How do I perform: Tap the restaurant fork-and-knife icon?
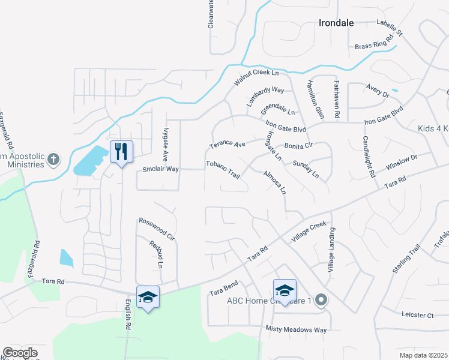121,151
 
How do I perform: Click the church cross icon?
53,160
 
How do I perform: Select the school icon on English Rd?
148,297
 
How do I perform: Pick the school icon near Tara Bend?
285,291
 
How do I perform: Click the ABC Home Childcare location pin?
321,300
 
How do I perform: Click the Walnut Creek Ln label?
257,78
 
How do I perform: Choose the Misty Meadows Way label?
297,329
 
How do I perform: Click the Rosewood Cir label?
157,229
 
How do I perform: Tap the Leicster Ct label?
418,314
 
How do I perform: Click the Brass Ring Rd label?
374,42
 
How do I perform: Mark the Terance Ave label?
228,145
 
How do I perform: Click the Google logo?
20,352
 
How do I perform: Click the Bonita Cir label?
299,146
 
